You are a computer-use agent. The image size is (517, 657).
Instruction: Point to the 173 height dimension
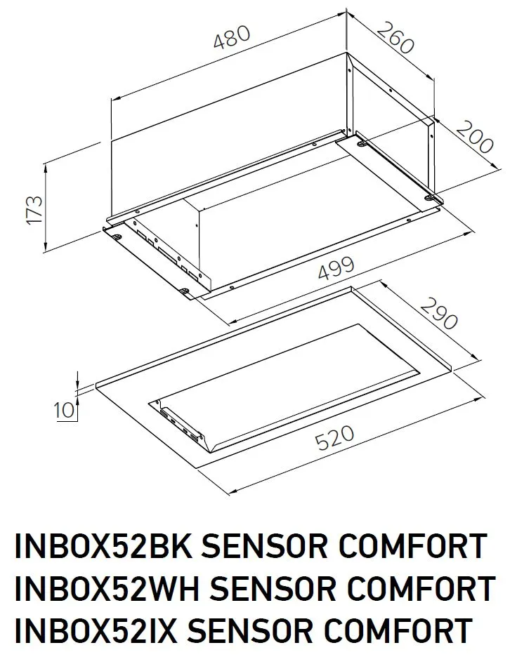[34, 210]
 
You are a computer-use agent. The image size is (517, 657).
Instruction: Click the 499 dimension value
[334, 273]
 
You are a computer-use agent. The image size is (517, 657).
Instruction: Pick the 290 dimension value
[439, 312]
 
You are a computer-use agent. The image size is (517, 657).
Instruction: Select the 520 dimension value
[334, 440]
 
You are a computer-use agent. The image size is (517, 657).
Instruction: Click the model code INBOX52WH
[101, 588]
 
